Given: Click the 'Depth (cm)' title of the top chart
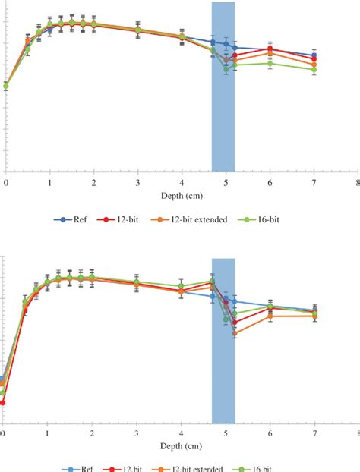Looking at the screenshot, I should click(181, 195).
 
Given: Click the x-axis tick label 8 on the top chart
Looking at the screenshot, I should click(357, 183).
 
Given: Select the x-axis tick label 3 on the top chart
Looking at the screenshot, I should click(137, 183).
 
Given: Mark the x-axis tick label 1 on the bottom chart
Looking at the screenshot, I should click(47, 433).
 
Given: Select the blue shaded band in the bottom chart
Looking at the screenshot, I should click(223, 341).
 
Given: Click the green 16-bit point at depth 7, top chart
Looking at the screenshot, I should click(314, 70).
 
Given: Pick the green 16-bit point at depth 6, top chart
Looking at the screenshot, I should click(270, 64).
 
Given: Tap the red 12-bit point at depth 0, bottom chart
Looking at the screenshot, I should click(2, 402).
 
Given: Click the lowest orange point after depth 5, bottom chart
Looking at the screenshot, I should click(235, 332).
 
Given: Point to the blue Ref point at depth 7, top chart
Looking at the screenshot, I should click(314, 55).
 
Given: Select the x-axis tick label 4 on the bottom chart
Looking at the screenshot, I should click(181, 433).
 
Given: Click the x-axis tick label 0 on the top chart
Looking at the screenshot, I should click(6, 183).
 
